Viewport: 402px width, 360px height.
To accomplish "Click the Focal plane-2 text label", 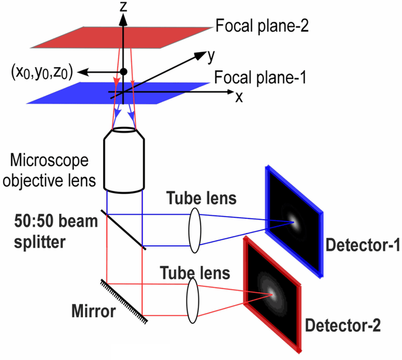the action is pyautogui.click(x=262, y=26).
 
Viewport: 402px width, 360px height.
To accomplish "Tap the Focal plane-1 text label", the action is pyautogui.click(x=260, y=77).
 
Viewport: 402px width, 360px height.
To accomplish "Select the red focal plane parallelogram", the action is pyautogui.click(x=121, y=37).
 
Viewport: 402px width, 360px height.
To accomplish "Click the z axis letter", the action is pyautogui.click(x=123, y=6).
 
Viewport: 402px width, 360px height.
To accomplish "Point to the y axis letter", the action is pyautogui.click(x=211, y=56).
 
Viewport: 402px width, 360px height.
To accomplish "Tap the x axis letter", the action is pyautogui.click(x=239, y=97).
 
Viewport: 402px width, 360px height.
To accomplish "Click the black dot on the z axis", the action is pyautogui.click(x=123, y=72).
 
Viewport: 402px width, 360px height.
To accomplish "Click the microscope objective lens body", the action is pyautogui.click(x=124, y=160).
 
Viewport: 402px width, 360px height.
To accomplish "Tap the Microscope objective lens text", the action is pyautogui.click(x=49, y=170).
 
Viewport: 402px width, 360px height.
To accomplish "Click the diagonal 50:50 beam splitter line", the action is pyautogui.click(x=123, y=229).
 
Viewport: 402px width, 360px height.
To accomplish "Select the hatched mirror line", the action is pyautogui.click(x=124, y=301).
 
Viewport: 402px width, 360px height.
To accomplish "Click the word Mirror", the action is pyautogui.click(x=94, y=311).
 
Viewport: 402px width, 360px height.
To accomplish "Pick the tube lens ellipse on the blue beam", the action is pyautogui.click(x=195, y=230).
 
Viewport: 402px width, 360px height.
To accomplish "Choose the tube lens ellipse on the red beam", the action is pyautogui.click(x=193, y=300).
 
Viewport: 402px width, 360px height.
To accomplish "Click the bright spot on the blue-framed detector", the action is pyautogui.click(x=294, y=222).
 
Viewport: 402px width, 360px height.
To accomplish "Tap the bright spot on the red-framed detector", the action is pyautogui.click(x=272, y=294).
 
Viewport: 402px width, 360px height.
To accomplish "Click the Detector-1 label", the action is pyautogui.click(x=363, y=245).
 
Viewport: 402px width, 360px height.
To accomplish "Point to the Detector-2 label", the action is pyautogui.click(x=343, y=325).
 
